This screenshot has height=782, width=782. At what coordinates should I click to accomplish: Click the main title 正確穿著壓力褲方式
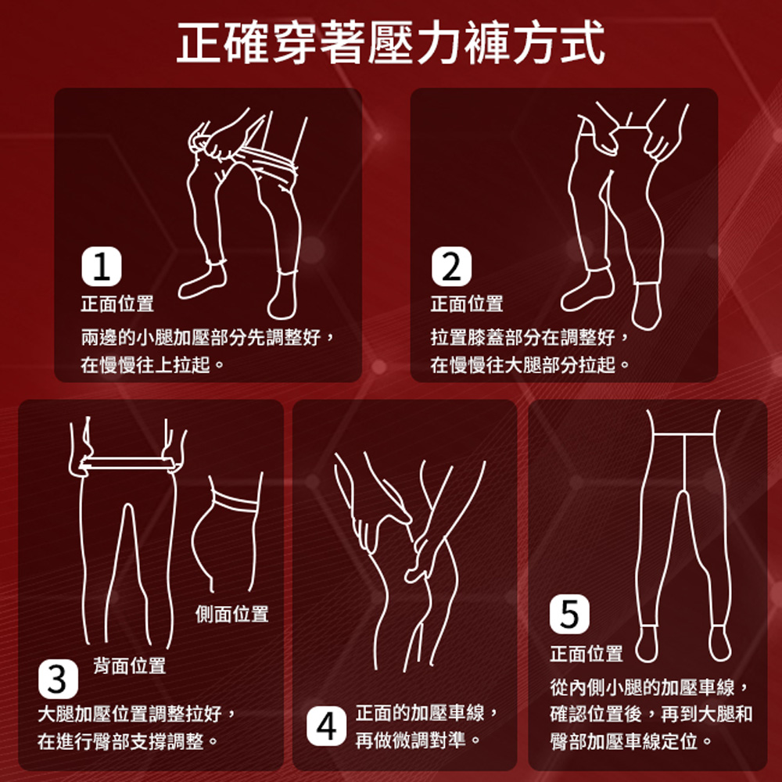coord(390,43)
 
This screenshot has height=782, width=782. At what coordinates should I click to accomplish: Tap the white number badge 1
coord(101,267)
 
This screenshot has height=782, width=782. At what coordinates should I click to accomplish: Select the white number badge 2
coord(451,267)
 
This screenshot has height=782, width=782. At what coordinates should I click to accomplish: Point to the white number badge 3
coord(58,679)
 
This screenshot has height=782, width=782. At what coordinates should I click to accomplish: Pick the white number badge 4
coord(326,726)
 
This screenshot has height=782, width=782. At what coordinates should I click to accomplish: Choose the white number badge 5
coord(569,614)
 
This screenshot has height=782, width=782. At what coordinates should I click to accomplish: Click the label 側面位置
coord(232,614)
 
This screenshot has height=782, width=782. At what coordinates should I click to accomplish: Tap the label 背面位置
coord(129,665)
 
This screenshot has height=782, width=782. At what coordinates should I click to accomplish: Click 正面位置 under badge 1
coord(117,303)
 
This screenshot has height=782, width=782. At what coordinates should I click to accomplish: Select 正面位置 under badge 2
coord(467,303)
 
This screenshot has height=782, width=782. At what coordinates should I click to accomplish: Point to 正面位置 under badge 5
coord(586,653)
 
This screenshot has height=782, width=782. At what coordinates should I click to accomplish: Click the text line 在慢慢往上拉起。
coord(152,365)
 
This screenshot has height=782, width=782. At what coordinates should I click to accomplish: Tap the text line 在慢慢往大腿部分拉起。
coord(530,365)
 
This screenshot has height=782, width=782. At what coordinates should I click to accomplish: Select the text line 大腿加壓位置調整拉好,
coord(137,714)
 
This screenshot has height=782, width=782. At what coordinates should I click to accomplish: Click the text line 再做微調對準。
coord(418,740)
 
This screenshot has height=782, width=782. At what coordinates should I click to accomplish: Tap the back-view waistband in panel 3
coord(127,463)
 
